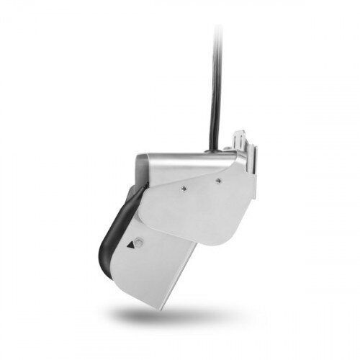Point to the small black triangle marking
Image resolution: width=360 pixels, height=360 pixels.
tap(130, 245)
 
